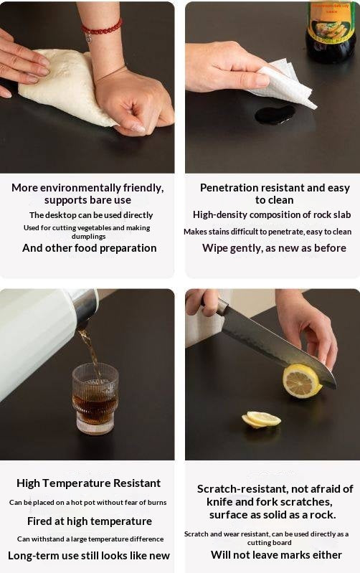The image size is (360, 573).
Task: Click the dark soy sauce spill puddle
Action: tap(275, 114)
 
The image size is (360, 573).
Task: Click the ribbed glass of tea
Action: tap(95, 398)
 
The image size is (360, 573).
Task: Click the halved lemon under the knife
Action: tap(301, 381)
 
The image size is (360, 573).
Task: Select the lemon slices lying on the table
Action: tap(261, 420)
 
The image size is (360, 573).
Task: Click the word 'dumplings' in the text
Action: tap(88, 237)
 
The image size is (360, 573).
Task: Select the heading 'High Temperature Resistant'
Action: tap(88, 483)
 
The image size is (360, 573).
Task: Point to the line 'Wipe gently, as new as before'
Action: tap(274, 248)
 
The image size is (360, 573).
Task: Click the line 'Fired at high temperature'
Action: tap(90, 521)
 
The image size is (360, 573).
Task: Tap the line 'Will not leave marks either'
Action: tap(276, 555)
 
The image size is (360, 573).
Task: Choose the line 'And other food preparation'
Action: tap(89, 248)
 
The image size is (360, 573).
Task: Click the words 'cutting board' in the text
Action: tap(270, 543)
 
